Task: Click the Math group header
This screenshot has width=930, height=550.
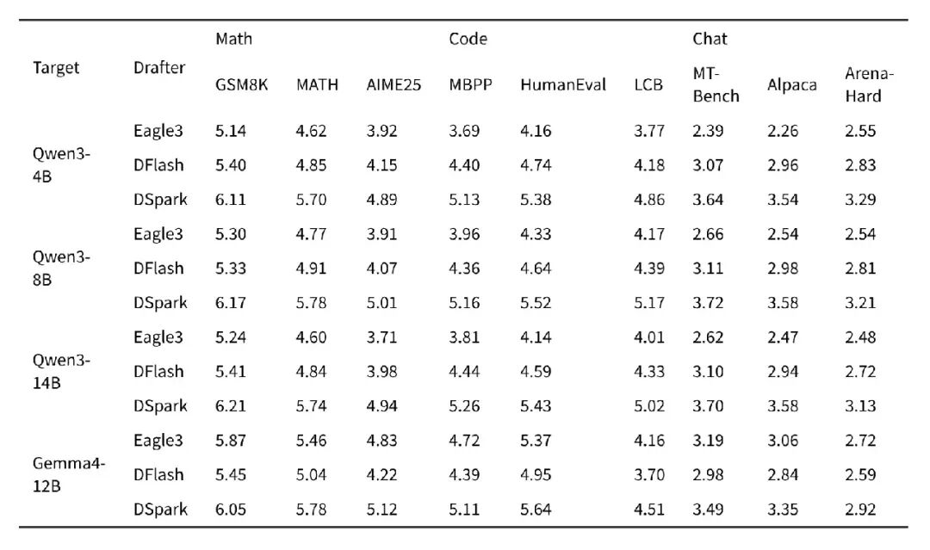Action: click(233, 39)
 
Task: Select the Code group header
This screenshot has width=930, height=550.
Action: click(468, 39)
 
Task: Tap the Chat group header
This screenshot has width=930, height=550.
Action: click(710, 39)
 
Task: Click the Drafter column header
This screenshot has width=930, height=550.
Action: click(159, 67)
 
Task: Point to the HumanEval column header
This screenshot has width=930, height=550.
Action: click(563, 84)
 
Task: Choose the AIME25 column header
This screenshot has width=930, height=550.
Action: click(394, 84)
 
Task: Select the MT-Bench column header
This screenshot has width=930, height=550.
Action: click(716, 84)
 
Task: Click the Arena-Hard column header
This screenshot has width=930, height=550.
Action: click(869, 84)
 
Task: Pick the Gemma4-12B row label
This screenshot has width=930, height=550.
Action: click(69, 475)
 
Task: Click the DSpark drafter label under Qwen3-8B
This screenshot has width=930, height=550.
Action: click(160, 303)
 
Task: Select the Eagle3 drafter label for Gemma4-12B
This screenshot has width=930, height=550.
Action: click(158, 441)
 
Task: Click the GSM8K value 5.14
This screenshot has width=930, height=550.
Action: click(230, 131)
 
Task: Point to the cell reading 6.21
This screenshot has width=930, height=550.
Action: click(230, 406)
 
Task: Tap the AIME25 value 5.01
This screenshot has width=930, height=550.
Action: click(381, 303)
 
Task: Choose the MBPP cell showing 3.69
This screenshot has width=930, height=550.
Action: click(464, 131)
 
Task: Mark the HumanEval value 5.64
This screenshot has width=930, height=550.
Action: click(536, 509)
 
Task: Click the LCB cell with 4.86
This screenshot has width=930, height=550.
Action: click(649, 200)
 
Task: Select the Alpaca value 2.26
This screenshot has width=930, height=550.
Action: click(782, 131)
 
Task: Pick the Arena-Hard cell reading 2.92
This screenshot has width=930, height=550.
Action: click(860, 509)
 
